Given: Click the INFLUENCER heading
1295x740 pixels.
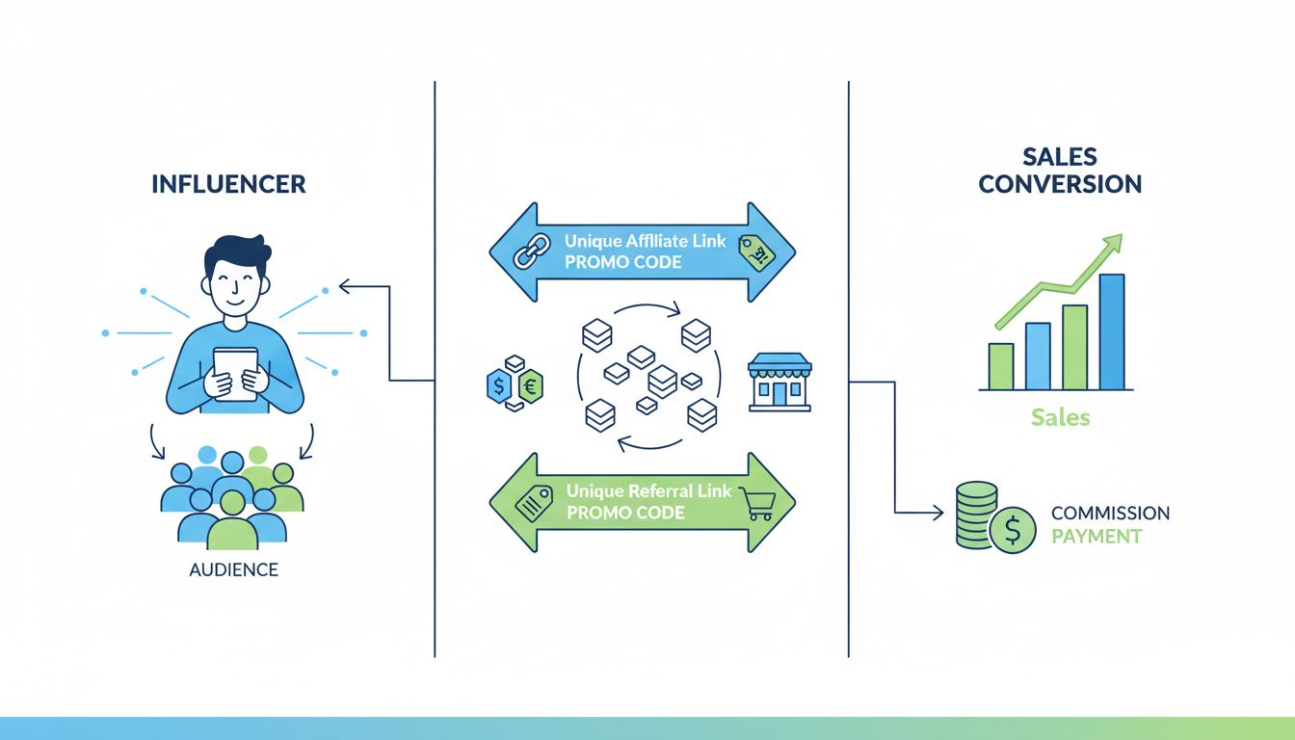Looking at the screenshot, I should click(x=228, y=184).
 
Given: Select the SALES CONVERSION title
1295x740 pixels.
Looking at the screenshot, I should click(x=1060, y=171).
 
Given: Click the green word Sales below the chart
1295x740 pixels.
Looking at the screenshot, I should click(x=1060, y=417).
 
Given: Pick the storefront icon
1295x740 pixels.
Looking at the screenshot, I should click(x=780, y=382).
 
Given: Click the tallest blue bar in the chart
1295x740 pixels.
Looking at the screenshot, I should click(x=1111, y=331).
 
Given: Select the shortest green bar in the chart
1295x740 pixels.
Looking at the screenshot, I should click(x=1001, y=366).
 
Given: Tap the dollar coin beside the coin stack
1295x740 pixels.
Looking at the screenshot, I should click(x=1013, y=531).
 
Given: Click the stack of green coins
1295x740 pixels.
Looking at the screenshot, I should click(x=976, y=515).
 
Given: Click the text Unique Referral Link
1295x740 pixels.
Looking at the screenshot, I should click(x=648, y=491).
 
